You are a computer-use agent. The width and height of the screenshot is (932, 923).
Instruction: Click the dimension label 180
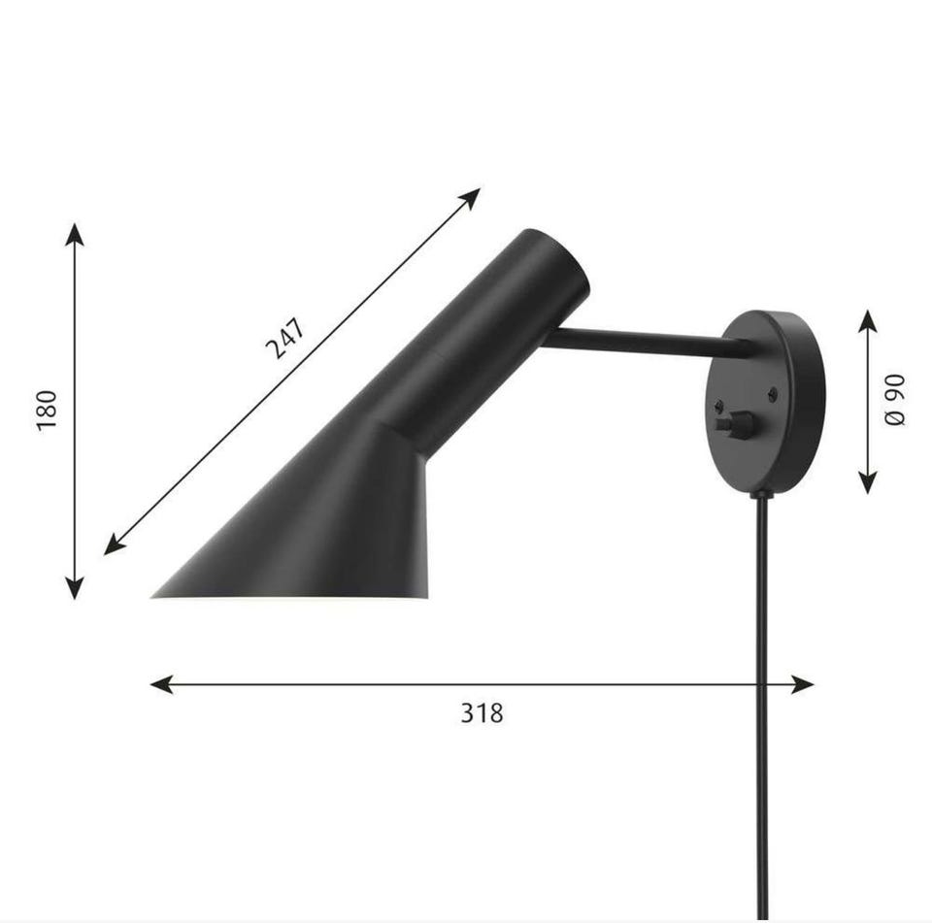pos(47,411)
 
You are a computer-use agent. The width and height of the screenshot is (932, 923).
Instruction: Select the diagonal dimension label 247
pos(285,338)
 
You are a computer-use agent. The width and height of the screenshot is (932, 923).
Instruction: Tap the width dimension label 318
pos(483,712)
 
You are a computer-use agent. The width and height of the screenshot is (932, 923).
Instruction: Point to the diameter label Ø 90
pos(894,400)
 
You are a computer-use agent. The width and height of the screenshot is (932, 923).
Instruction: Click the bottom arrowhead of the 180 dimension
pos(75,588)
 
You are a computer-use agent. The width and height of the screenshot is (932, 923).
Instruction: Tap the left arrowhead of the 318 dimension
pos(161,684)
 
